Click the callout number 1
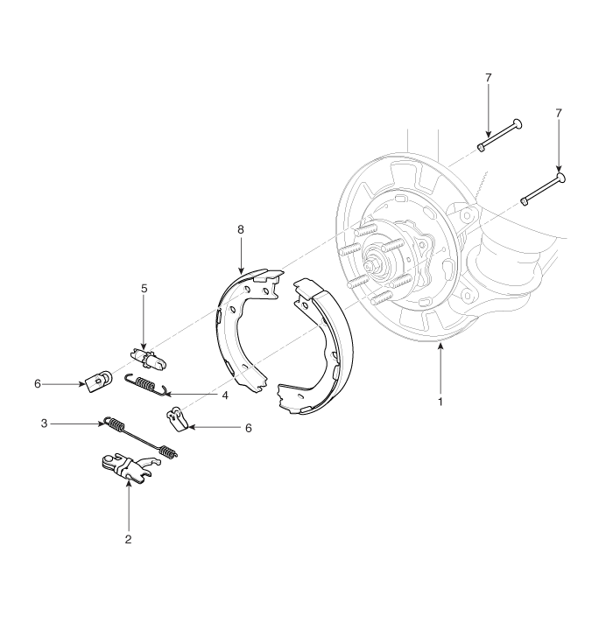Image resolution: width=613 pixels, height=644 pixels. pos(440,402)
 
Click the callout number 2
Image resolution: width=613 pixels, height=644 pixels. pos(128,539)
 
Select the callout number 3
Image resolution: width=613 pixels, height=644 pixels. pos(44,423)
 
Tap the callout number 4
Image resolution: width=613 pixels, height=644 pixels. pos(224,395)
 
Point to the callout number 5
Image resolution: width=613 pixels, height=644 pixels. pos(144,289)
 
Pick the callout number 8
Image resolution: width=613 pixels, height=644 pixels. pos(241,229)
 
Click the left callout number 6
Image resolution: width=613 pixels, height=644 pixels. pos(38,384)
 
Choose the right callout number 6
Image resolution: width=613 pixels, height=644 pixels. pos(249,428)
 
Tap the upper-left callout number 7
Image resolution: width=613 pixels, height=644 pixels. pos(488,77)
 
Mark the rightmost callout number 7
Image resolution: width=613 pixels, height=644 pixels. pos(559,113)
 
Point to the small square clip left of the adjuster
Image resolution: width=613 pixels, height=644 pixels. pos(99,381)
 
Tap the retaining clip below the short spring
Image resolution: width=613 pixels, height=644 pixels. pos(177,419)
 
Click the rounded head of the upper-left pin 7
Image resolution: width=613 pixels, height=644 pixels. pos(518,123)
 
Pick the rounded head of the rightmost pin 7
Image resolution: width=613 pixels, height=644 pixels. pos(560,178)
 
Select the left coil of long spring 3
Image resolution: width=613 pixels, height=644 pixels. pos(115,423)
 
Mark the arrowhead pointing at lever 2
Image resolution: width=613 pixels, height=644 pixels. pos(129,483)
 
